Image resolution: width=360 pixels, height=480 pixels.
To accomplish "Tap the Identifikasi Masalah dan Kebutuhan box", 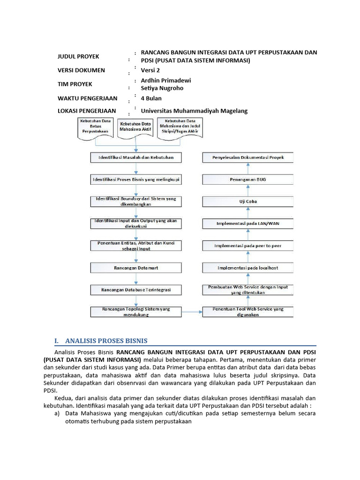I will [136, 157].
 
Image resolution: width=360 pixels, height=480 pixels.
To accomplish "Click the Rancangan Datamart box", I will [136, 268].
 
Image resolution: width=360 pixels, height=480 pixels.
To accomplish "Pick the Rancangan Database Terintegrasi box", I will [136, 290].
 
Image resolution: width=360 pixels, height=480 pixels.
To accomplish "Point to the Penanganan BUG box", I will [247, 180].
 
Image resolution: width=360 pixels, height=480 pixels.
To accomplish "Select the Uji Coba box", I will [247, 202].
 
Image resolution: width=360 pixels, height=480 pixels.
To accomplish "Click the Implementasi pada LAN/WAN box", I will [247, 224].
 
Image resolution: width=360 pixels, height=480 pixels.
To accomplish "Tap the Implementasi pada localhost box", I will [247, 268].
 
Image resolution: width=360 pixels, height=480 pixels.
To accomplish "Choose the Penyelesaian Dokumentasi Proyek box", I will [247, 157].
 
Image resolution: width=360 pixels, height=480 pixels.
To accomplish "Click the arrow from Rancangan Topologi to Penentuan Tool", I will [192, 312].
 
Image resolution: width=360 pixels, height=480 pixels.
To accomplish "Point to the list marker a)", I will [58, 414].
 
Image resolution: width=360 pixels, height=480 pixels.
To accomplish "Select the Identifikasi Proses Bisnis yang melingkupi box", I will [136, 180].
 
